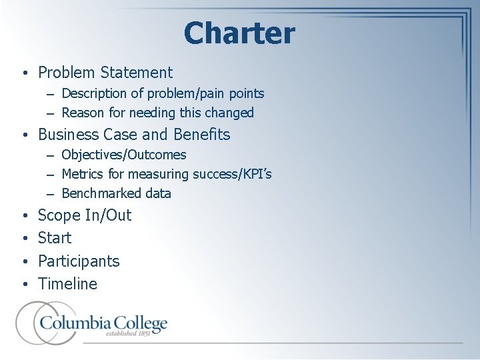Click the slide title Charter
239,33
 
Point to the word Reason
83,113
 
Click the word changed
231,113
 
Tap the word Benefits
201,135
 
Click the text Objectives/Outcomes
124,155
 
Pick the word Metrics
82,174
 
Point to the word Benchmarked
98,193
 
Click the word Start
55,238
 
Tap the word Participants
79,261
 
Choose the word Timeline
67,284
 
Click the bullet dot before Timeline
24,285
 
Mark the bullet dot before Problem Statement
24,73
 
